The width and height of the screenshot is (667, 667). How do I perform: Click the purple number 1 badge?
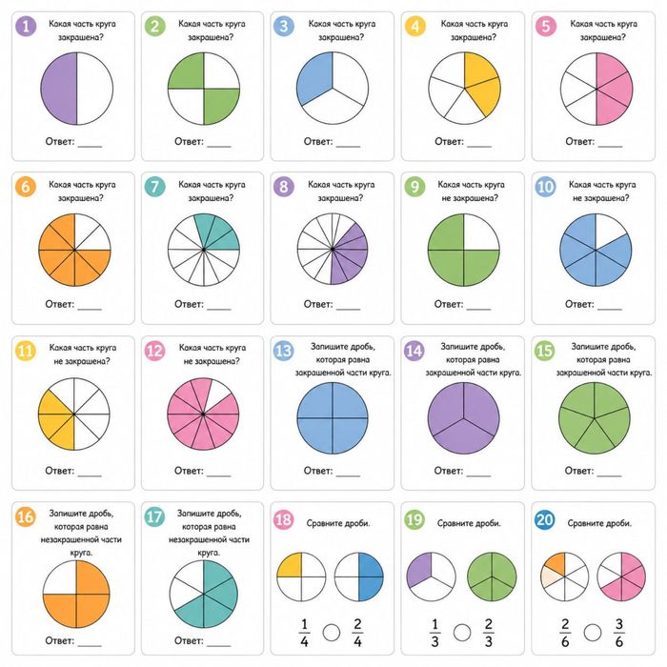pos(26,26)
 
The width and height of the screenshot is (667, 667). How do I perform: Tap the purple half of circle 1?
pos(59,89)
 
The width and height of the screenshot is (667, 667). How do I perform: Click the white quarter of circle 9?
pos(481,232)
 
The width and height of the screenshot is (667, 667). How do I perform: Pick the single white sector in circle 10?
pos(609,227)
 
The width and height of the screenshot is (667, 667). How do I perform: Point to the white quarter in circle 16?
pos(59,576)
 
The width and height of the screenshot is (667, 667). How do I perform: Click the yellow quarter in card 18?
pos(290,565)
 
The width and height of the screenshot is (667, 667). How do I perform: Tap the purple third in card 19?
pos(419,570)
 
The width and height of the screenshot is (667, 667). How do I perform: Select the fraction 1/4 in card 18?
pos(304,633)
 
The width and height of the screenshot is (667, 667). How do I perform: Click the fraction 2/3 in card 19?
pos(488,633)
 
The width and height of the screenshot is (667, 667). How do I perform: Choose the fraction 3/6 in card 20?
pos(619,633)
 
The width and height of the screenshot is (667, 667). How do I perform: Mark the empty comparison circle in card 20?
pos(592,633)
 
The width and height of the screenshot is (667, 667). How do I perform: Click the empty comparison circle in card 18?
pos(331,633)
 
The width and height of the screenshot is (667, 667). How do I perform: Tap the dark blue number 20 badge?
pos(544,519)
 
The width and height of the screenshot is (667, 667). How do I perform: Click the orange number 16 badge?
pos(25,516)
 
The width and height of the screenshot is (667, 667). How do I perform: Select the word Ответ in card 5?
pos(579,141)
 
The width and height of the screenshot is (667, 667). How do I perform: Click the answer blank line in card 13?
pos(348,475)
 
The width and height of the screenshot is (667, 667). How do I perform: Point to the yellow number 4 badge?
pos(414,26)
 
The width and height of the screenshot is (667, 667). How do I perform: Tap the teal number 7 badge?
pos(154,187)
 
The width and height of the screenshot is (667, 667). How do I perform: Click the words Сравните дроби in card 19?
pos(469,523)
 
